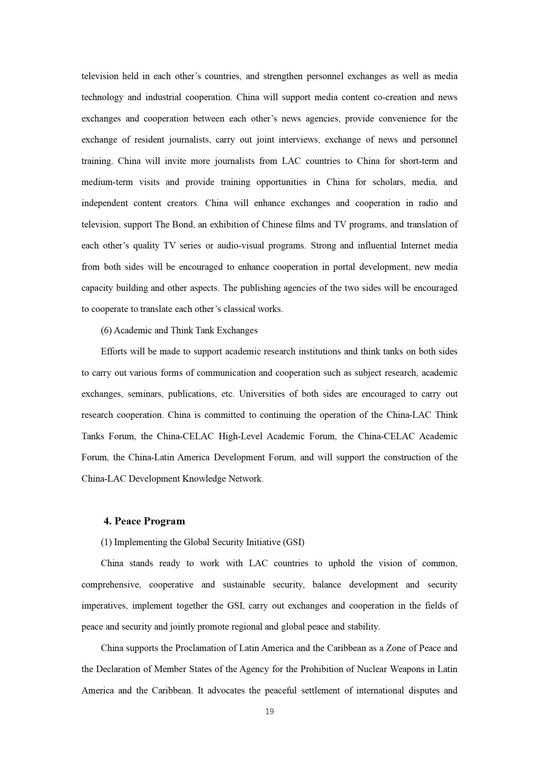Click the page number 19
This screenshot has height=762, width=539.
coord(269,711)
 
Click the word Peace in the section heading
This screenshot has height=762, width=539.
coord(130,521)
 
